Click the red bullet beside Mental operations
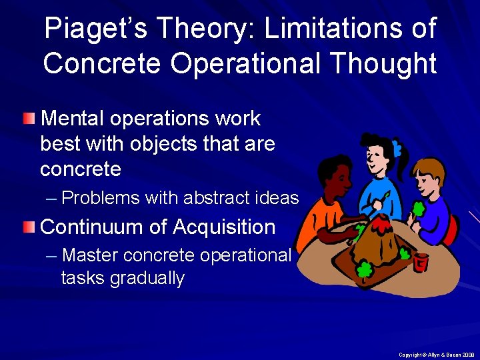pos(28,119)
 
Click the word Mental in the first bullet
pos(73,119)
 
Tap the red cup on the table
pos(420,261)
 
